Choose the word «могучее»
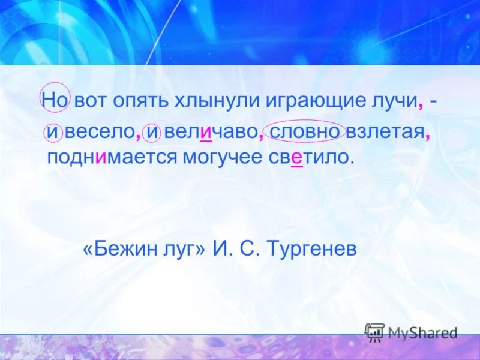(x=228, y=157)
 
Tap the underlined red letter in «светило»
(x=296, y=158)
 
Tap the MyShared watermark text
(x=422, y=332)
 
